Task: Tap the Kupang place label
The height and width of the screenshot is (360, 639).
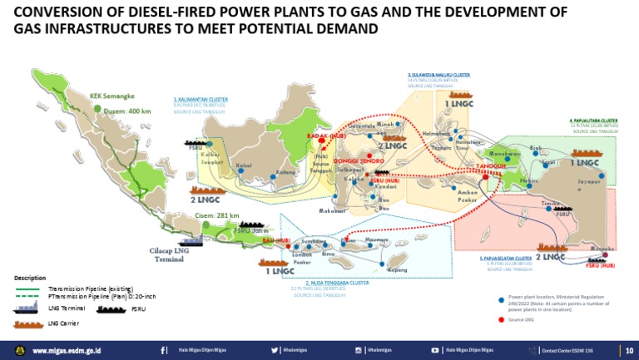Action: click(x=398, y=270)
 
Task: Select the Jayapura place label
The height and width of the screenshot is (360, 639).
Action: click(x=589, y=181)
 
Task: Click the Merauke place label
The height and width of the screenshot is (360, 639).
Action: click(x=602, y=249)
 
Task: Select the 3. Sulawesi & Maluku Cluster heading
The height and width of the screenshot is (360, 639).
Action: click(x=438, y=75)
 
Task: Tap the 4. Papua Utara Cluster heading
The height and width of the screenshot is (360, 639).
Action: click(x=593, y=121)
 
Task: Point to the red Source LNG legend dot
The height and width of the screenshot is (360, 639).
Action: click(x=502, y=318)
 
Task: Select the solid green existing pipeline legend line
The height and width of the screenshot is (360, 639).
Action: click(x=30, y=288)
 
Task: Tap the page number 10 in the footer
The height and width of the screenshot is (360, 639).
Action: click(x=628, y=351)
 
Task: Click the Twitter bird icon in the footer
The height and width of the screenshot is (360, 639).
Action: click(x=275, y=351)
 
